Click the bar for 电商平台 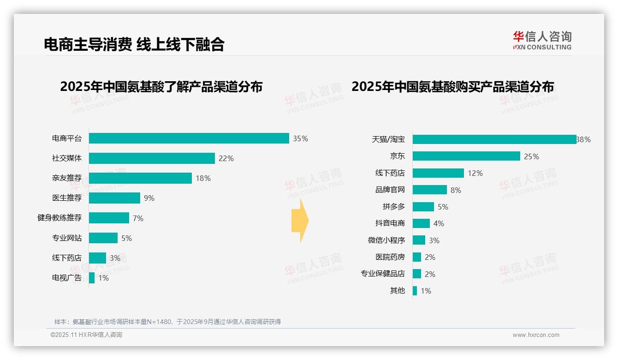tap(189, 138)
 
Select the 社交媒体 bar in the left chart tap(152, 158)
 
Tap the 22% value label tap(226, 158)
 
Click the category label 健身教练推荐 tap(59, 218)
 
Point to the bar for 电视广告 tap(92, 278)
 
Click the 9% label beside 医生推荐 tap(149, 198)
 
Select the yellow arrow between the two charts tap(300, 221)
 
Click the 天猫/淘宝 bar tap(494, 139)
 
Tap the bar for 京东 tap(466, 156)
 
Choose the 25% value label tap(531, 156)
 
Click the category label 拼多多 tap(393, 207)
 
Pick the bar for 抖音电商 tap(421, 223)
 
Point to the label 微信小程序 tap(386, 240)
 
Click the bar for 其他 tap(415, 291)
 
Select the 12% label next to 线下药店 tap(475, 173)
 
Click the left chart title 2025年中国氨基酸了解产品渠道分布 tap(161, 87)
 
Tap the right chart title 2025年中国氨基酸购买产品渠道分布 tap(452, 87)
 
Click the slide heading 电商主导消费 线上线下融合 tap(134, 44)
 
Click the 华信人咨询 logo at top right tap(542, 41)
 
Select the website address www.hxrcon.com tap(535, 335)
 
